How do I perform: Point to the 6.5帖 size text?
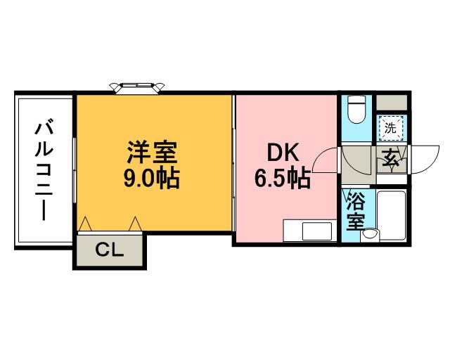coord(282,179)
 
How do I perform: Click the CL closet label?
coord(109,250)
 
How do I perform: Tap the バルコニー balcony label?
coord(44,170)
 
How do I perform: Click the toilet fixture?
coord(356,109)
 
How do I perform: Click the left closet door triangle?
coord(86,224)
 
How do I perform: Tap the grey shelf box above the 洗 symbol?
coord(390,101)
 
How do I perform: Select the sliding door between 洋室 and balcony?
coord(75,169)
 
